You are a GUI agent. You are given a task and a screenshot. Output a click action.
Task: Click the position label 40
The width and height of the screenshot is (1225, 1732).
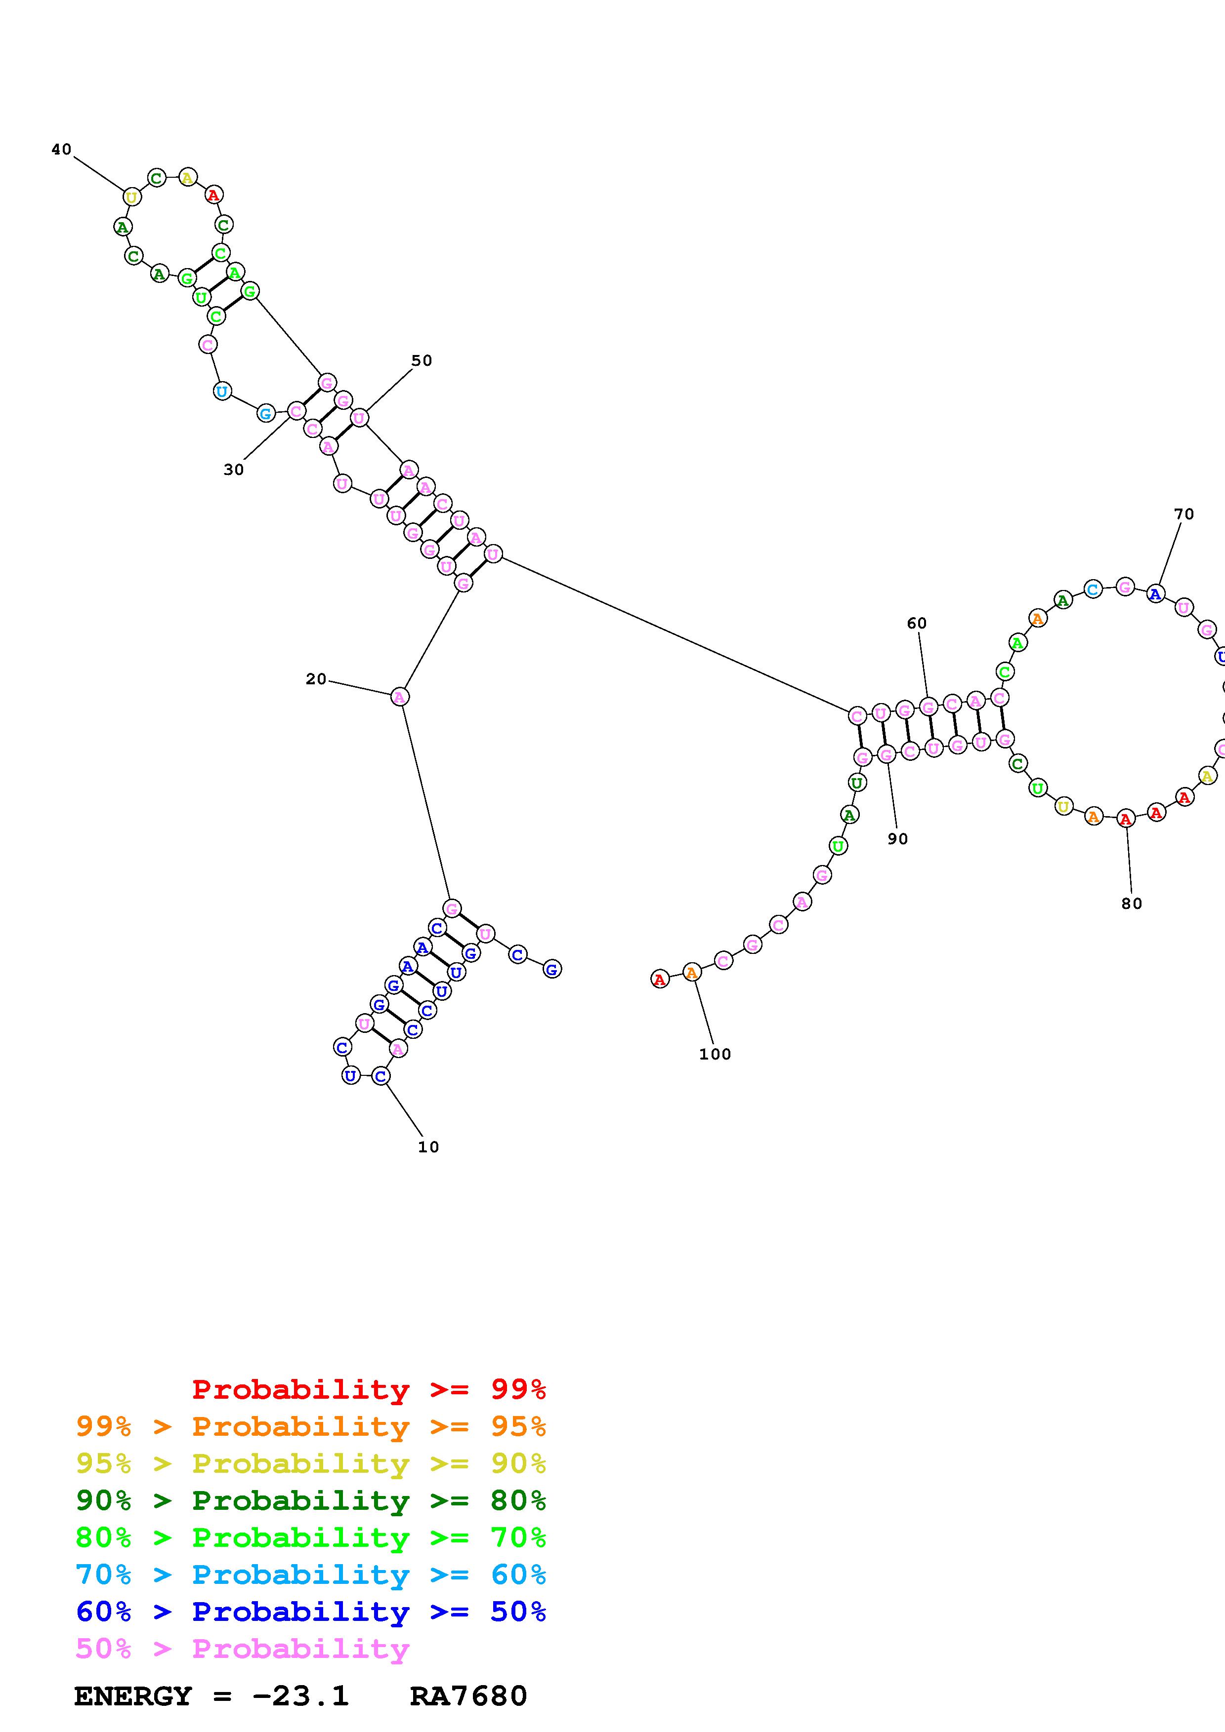61,150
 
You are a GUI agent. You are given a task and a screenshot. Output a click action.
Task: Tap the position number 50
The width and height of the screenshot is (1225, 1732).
421,360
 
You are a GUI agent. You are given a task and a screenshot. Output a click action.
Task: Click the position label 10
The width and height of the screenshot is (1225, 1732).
428,1146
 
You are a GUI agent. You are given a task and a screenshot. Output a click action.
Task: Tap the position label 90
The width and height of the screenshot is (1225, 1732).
897,839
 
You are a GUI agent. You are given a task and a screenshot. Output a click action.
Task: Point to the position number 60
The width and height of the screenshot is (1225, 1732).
916,623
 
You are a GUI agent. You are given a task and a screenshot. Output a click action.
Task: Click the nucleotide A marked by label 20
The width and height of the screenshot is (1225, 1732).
399,697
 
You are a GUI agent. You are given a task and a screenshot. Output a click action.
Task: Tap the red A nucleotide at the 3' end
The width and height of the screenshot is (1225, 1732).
660,979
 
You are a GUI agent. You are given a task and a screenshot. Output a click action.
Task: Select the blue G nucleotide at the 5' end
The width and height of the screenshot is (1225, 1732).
552,969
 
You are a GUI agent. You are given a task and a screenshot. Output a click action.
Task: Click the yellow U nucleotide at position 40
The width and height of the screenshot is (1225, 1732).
131,197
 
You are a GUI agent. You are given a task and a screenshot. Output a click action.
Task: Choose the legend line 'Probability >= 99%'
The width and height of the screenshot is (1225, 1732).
368,1389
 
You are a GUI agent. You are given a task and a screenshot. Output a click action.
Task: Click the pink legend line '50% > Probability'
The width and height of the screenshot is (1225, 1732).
242,1648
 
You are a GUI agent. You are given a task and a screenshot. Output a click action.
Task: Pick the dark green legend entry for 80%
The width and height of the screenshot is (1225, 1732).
310,1500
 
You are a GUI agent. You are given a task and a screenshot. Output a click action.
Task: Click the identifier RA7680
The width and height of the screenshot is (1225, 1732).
468,1696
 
